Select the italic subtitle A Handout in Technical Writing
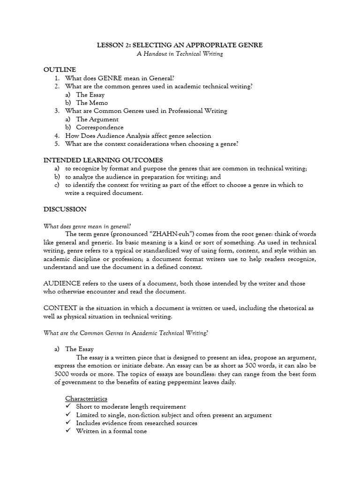point(180,54)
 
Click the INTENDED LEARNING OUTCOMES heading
point(103,160)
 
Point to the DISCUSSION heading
point(65,209)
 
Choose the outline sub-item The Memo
point(92,103)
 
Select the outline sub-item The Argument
point(97,119)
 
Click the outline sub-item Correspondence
point(100,127)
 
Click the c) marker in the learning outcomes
point(57,185)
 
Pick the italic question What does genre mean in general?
point(87,225)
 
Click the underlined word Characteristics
point(86,398)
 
